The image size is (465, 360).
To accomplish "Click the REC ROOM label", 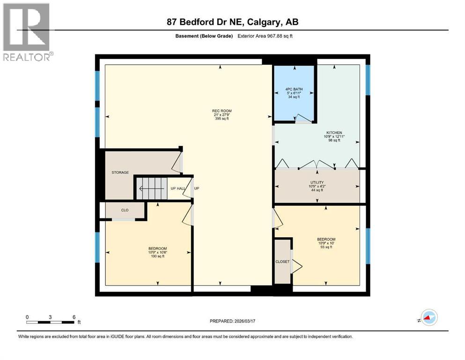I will point(219,111).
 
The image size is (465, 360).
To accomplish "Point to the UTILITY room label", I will point(317,182).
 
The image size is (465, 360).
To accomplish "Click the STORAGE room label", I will point(120,172).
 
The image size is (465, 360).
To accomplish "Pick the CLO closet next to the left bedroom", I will point(125,210).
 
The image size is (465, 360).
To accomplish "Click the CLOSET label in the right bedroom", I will point(282,262).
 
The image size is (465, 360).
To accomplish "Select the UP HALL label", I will point(177,188).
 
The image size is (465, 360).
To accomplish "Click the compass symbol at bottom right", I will point(428,318).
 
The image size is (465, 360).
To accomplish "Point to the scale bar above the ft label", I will point(51,322).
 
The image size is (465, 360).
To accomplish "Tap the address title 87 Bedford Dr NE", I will point(232,22).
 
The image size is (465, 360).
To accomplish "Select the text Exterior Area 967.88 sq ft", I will point(267,36).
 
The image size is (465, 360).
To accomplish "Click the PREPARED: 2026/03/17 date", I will point(232,321).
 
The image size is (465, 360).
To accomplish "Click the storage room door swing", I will point(177,161).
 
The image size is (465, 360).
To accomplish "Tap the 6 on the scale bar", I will point(74,317).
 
